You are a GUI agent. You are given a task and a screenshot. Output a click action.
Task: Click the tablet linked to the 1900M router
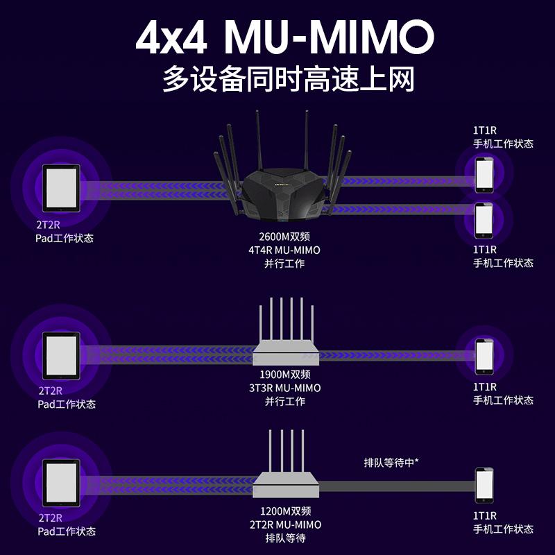(61, 355)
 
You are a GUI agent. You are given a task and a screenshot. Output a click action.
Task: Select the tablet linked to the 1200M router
(61, 484)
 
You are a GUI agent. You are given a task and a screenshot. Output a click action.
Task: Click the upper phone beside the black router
(484, 175)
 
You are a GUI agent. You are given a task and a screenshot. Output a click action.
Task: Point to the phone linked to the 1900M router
(484, 355)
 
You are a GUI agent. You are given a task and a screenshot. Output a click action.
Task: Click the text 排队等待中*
(391, 461)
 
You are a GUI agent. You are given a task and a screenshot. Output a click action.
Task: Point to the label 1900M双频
(284, 375)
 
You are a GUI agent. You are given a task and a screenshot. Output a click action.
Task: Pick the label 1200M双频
(284, 512)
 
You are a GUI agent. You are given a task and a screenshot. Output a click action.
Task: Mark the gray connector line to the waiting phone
(395, 486)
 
